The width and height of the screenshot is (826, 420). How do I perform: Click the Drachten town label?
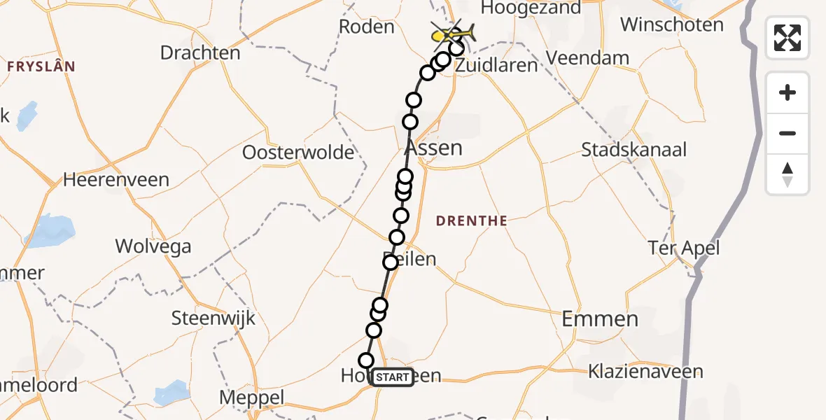[200, 52]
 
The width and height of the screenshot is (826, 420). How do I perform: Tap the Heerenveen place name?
[116, 180]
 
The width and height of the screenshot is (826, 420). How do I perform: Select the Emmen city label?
[601, 320]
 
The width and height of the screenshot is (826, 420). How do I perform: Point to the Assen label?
[434, 148]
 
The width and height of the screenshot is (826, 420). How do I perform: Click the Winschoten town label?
[671, 25]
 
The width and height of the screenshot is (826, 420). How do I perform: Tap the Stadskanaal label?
[634, 150]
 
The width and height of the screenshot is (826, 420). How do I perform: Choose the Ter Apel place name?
[683, 248]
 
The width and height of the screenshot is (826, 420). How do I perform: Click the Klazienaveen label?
[645, 371]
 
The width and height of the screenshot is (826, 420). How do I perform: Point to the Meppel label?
[252, 398]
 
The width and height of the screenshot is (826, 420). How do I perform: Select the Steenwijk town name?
[213, 318]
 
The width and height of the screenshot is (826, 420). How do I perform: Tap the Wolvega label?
[153, 246]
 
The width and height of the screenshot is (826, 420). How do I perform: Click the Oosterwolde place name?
[298, 153]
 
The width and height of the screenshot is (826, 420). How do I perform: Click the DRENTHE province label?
[472, 221]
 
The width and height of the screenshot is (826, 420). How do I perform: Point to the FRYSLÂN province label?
[41, 67]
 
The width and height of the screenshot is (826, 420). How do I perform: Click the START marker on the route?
[393, 377]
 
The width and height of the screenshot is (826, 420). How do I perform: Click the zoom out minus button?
[787, 134]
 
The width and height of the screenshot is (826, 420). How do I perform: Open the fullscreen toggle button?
[787, 37]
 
